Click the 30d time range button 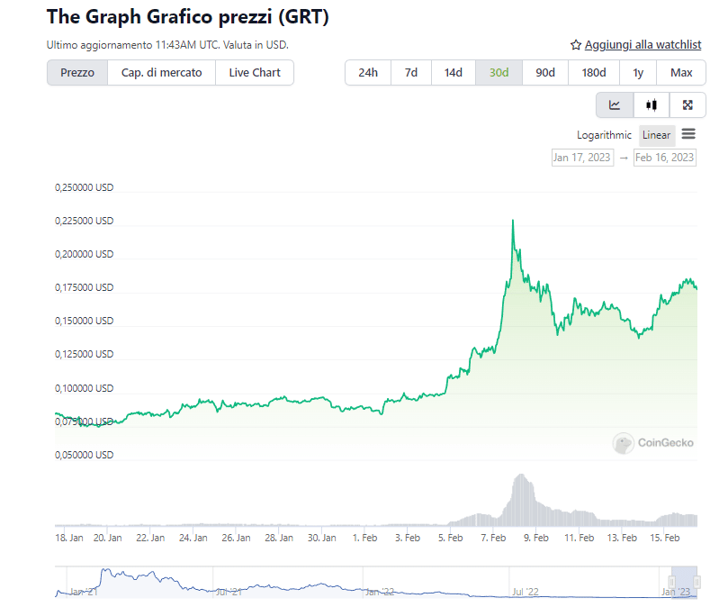499,73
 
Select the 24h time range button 368,73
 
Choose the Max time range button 681,73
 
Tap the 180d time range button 594,73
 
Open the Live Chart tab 255,73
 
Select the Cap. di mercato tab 162,73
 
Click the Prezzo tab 77,73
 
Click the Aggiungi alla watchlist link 636,44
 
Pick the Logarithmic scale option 605,135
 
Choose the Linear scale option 657,135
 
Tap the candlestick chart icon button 652,105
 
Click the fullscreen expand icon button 688,105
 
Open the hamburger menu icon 688,134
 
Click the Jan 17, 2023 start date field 581,158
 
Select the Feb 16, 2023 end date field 665,158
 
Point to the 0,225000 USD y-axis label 85,221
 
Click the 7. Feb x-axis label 492,538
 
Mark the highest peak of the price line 513,220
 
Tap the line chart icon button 615,105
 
